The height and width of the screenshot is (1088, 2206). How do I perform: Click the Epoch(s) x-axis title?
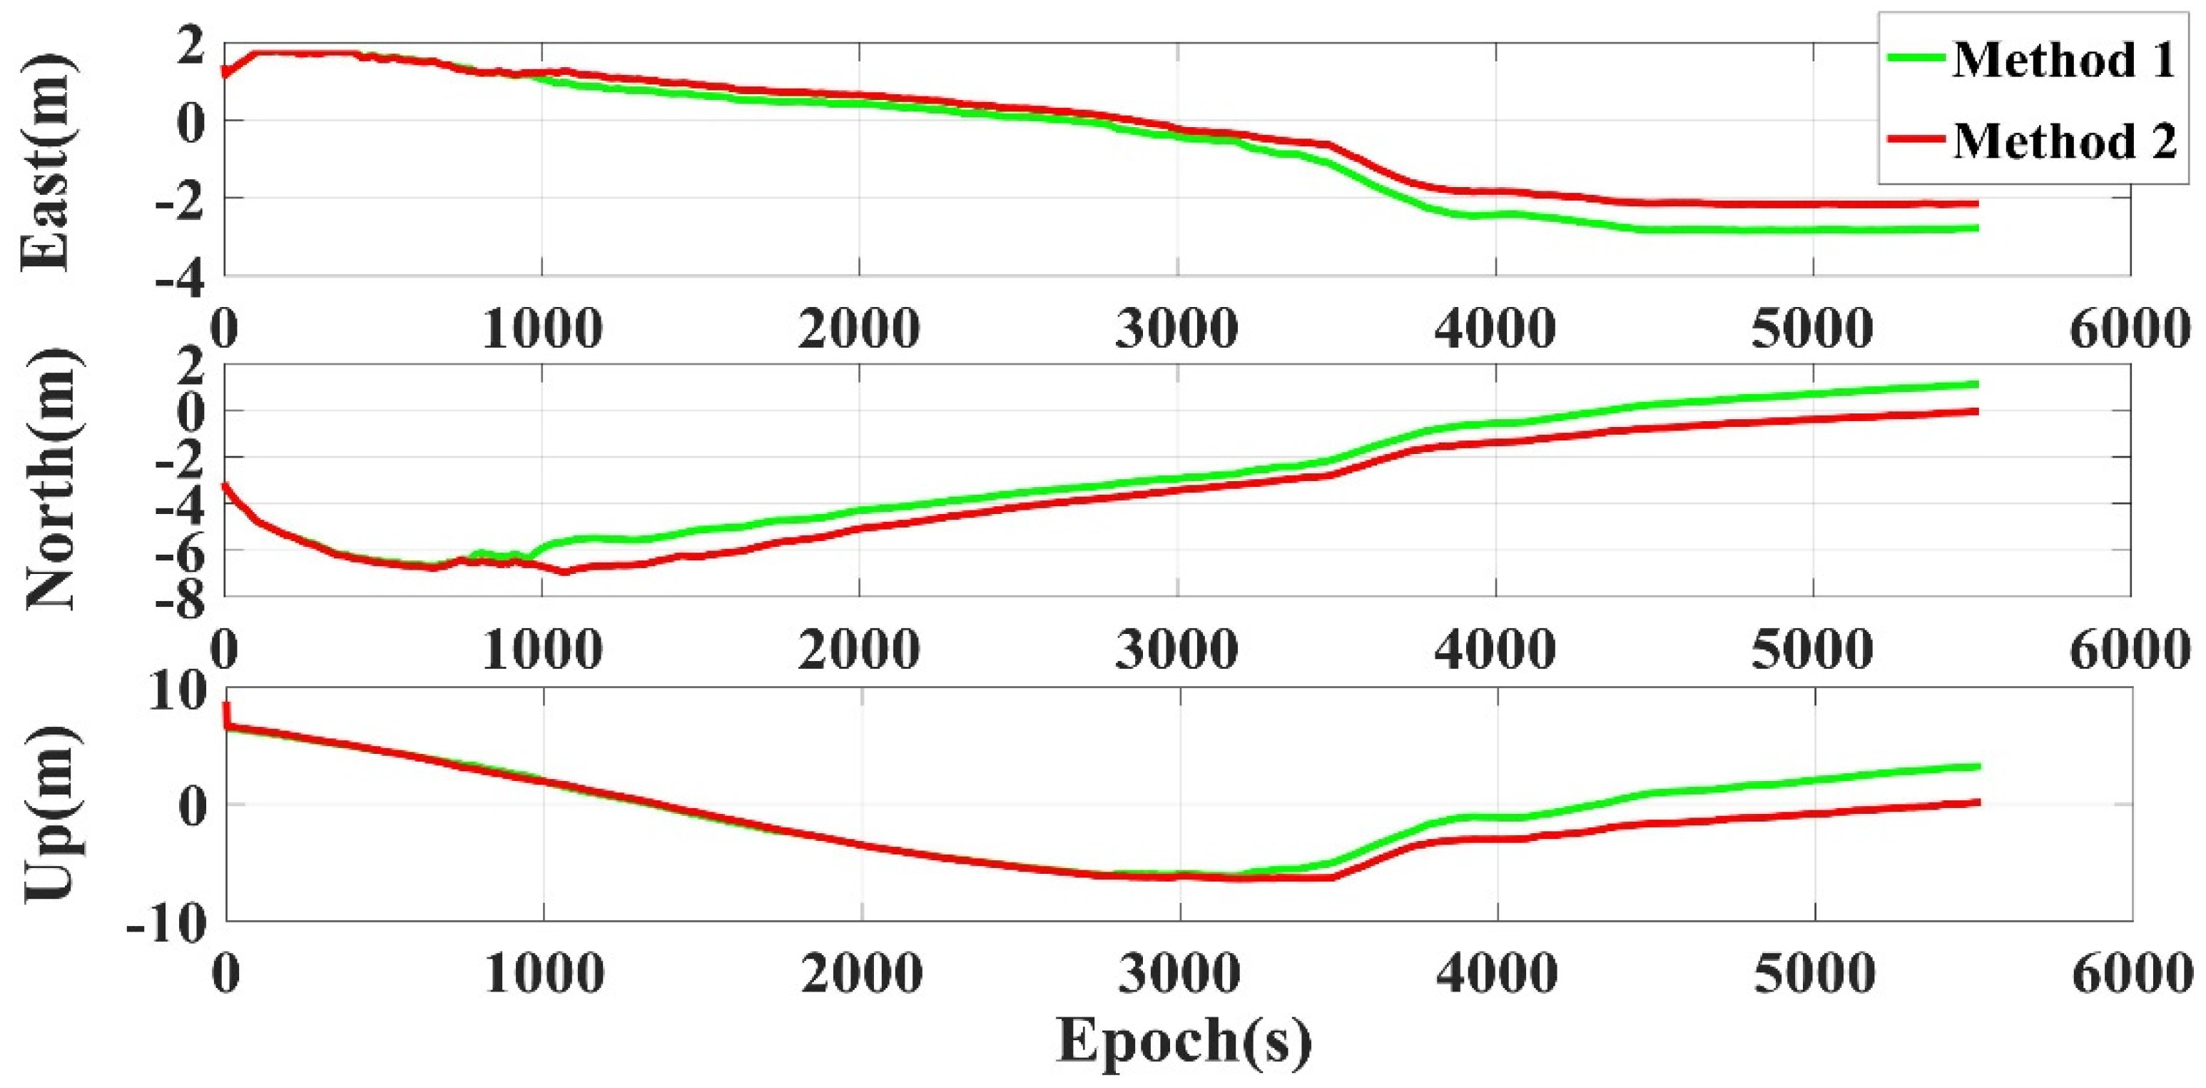[1184, 1041]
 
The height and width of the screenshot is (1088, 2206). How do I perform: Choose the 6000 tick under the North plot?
[2130, 650]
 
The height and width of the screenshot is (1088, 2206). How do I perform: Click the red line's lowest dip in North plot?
[564, 571]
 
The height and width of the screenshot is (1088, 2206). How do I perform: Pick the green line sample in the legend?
[1916, 59]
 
